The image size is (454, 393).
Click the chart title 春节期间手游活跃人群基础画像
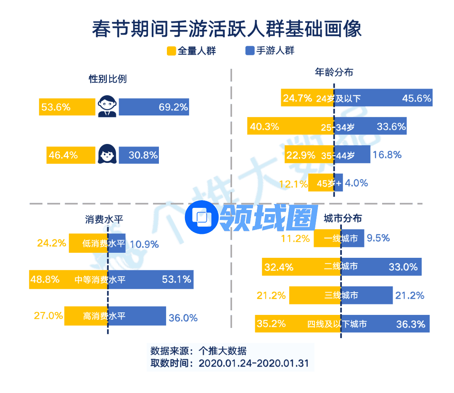pyautogui.click(x=227, y=30)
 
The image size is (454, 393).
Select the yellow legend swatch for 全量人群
pyautogui.click(x=171, y=51)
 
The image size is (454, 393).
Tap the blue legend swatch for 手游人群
pyautogui.click(x=250, y=51)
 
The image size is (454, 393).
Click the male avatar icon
pyautogui.click(x=107, y=107)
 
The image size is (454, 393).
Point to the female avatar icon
pyautogui.click(x=107, y=155)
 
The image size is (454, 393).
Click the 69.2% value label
pyautogui.click(x=173, y=107)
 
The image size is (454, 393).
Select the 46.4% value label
pyautogui.click(x=63, y=155)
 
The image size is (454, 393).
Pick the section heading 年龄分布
pyautogui.click(x=334, y=72)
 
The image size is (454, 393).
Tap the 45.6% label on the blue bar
pyautogui.click(x=417, y=99)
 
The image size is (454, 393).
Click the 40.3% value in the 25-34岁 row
pyautogui.click(x=264, y=126)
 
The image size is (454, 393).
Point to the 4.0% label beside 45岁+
pyautogui.click(x=356, y=183)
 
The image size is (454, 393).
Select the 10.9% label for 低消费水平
pyautogui.click(x=144, y=244)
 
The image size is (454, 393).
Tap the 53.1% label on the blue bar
pyautogui.click(x=177, y=279)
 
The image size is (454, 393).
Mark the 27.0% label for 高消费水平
pyautogui.click(x=48, y=316)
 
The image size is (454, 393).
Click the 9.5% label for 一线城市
pyautogui.click(x=378, y=238)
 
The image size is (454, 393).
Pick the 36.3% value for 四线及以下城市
pyautogui.click(x=411, y=324)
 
